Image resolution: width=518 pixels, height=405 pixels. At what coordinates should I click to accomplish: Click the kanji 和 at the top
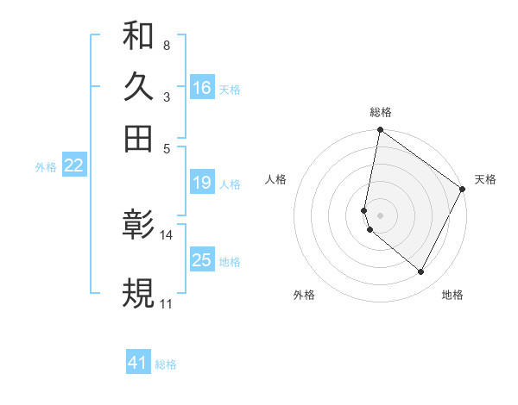pos(138,37)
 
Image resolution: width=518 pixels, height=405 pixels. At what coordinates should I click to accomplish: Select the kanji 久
pos(138,87)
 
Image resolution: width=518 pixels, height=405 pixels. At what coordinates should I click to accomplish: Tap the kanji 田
pos(138,138)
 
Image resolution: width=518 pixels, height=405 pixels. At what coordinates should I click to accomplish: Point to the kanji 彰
pos(138,226)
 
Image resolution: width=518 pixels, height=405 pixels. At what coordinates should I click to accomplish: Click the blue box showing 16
pos(202,88)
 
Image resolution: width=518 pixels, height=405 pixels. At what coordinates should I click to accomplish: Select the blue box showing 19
pos(202,183)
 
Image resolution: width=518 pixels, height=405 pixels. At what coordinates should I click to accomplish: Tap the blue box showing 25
pos(202,260)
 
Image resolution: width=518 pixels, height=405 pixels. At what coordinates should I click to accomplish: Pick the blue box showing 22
pos(73,166)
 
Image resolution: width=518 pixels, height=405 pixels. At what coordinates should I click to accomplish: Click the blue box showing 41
pos(138,364)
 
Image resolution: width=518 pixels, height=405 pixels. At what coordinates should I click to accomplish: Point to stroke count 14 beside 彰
pos(167,235)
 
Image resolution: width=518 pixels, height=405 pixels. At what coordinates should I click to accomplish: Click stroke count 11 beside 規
pos(166,304)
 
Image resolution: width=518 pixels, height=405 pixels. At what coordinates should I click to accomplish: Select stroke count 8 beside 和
pos(166,45)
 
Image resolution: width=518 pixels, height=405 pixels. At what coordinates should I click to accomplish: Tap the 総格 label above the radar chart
pos(381,112)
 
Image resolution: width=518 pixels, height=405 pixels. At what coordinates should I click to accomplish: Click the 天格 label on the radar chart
pos(485,179)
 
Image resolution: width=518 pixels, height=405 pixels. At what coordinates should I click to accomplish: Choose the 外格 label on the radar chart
pos(304,295)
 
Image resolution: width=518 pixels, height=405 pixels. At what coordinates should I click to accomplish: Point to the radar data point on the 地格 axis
pos(421,272)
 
